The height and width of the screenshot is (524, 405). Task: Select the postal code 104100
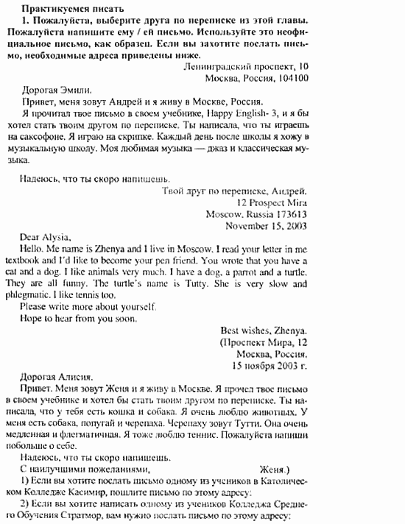click(292, 77)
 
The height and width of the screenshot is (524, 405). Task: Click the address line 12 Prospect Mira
click(272, 202)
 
